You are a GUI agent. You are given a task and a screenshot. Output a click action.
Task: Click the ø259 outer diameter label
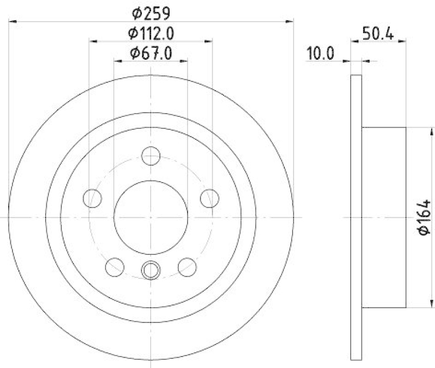151,12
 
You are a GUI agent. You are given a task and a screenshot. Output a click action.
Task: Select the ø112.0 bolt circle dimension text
151,33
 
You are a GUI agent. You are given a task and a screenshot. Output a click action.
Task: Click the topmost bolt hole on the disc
151,156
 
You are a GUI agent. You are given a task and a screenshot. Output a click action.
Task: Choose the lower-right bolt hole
187,266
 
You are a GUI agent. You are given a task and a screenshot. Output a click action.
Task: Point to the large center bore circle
151,216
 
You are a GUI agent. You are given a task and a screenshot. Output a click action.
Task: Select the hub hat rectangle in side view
384,216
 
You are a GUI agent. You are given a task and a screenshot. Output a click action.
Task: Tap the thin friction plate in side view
356,216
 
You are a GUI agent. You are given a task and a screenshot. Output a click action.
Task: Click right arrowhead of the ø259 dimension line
289,22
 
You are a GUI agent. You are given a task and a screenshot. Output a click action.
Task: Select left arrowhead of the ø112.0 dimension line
92,41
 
